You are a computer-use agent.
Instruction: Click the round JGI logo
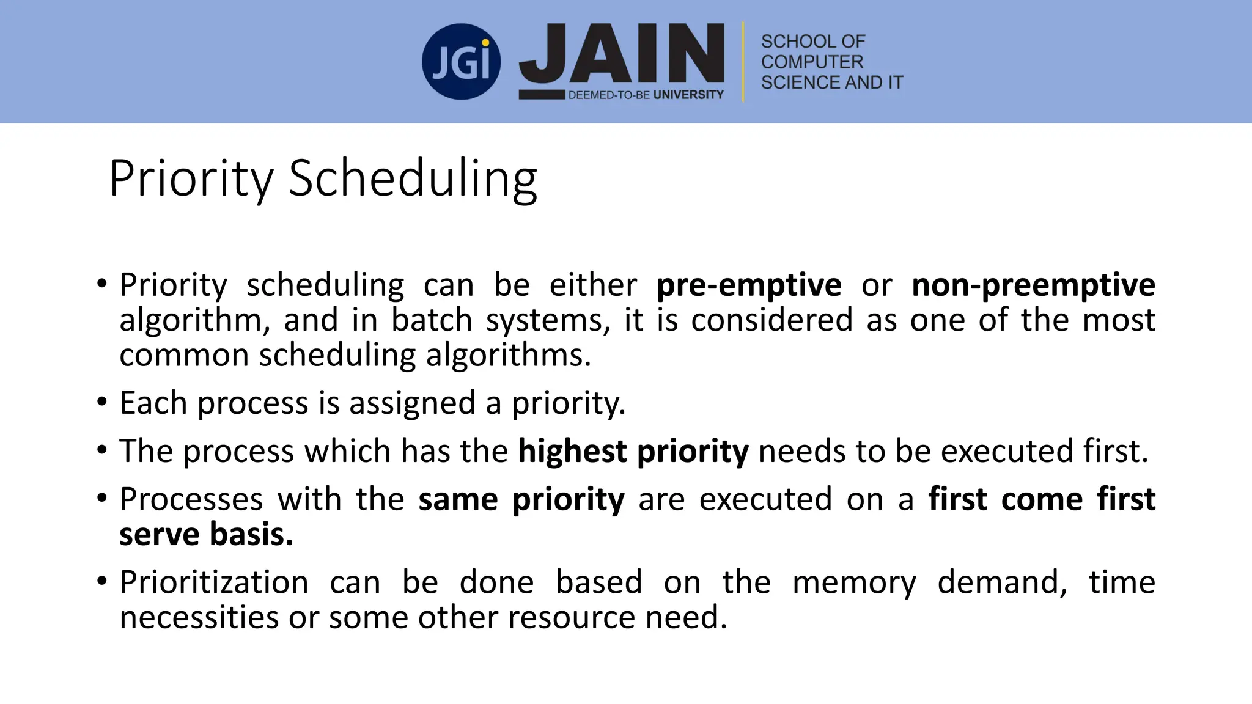(x=461, y=62)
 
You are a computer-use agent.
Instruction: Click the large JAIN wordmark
(x=621, y=54)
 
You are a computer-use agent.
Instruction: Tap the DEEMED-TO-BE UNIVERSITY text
(x=646, y=95)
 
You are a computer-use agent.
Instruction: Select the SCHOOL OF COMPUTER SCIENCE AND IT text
(x=831, y=62)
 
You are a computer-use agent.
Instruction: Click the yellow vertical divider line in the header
(x=743, y=62)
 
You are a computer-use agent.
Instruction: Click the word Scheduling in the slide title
(x=413, y=178)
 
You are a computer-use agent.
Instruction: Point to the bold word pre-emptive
(x=749, y=285)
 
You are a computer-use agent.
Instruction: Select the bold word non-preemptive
(x=1033, y=285)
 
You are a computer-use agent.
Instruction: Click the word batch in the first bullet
(x=432, y=320)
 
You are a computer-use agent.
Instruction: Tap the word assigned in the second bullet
(x=412, y=403)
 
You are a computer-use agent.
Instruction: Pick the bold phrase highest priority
(x=633, y=451)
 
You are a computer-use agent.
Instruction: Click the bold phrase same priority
(x=521, y=499)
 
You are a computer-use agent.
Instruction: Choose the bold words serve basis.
(x=206, y=534)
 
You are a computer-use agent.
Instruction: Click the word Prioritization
(x=214, y=582)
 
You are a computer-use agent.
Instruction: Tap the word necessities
(x=199, y=617)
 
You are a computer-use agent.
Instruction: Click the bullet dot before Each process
(x=102, y=402)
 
